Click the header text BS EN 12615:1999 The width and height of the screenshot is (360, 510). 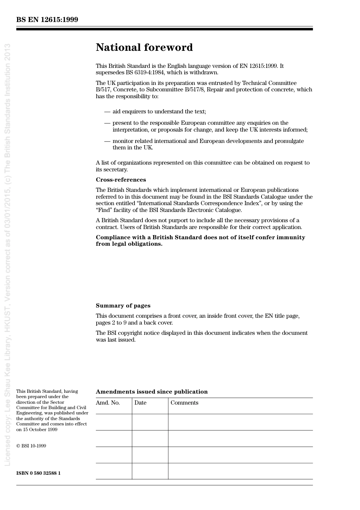pos(47,20)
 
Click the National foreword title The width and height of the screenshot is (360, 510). pos(144,47)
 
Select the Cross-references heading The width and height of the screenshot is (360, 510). pos(121,180)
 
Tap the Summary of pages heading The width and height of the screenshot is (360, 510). pos(123,306)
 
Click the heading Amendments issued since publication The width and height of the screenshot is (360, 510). pos(152,392)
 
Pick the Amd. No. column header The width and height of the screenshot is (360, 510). pos(108,403)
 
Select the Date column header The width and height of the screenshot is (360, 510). pos(140,403)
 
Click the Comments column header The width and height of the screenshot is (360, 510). pos(184,403)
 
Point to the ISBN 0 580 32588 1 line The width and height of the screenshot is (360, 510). pos(38,473)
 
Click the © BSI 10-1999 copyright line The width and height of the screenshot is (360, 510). pos(31,446)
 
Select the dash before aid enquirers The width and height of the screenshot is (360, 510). pos(107,111)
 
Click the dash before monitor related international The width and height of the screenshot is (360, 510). pos(107,141)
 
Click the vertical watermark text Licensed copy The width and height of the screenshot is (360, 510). pos(7,447)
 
